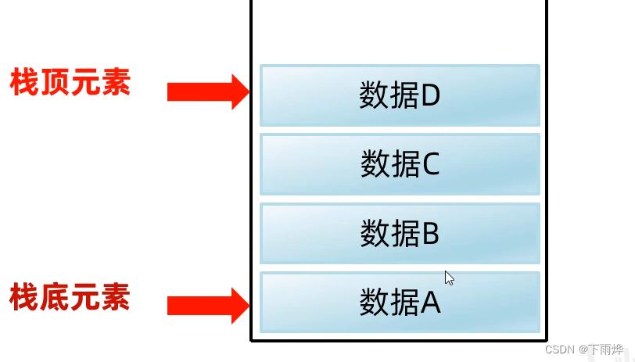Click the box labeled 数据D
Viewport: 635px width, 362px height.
coord(400,95)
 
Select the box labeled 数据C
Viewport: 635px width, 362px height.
coord(400,164)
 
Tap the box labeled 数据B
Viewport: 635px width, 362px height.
coord(400,233)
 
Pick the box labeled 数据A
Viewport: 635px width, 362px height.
coord(400,302)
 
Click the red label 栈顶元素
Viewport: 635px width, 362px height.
coord(70,82)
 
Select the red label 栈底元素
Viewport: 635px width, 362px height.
coord(70,298)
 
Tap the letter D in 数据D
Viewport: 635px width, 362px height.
coord(431,95)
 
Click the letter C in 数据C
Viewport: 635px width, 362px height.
coord(430,164)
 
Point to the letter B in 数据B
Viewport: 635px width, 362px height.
coord(430,233)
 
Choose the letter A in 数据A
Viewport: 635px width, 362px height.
coord(431,303)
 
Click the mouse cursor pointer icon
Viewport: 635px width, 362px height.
coord(449,278)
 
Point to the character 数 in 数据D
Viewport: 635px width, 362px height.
coord(374,95)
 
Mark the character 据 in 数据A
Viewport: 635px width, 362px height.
coord(404,303)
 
